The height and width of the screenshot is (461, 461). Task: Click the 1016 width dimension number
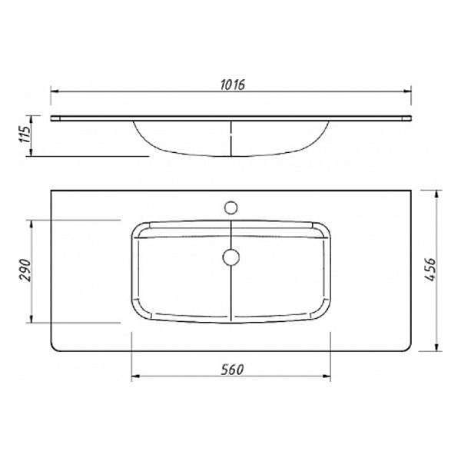click(x=230, y=84)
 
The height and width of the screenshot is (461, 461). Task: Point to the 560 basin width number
click(x=230, y=370)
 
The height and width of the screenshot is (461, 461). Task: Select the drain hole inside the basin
click(x=230, y=256)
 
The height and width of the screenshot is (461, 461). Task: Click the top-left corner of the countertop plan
click(x=51, y=190)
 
